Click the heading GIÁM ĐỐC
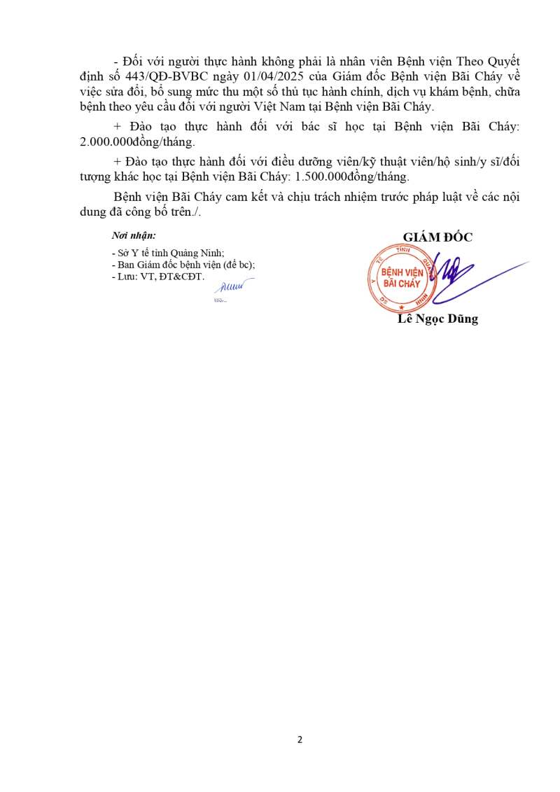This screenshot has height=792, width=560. click(x=437, y=237)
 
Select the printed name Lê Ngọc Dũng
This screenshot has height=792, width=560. click(x=437, y=319)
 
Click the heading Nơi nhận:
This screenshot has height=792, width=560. click(x=134, y=236)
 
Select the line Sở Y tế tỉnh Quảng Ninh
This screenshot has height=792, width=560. click(x=168, y=253)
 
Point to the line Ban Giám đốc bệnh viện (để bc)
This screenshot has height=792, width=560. click(x=183, y=265)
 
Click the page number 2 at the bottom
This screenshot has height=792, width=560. click(x=300, y=739)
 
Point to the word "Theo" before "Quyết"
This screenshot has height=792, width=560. click(x=449, y=60)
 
